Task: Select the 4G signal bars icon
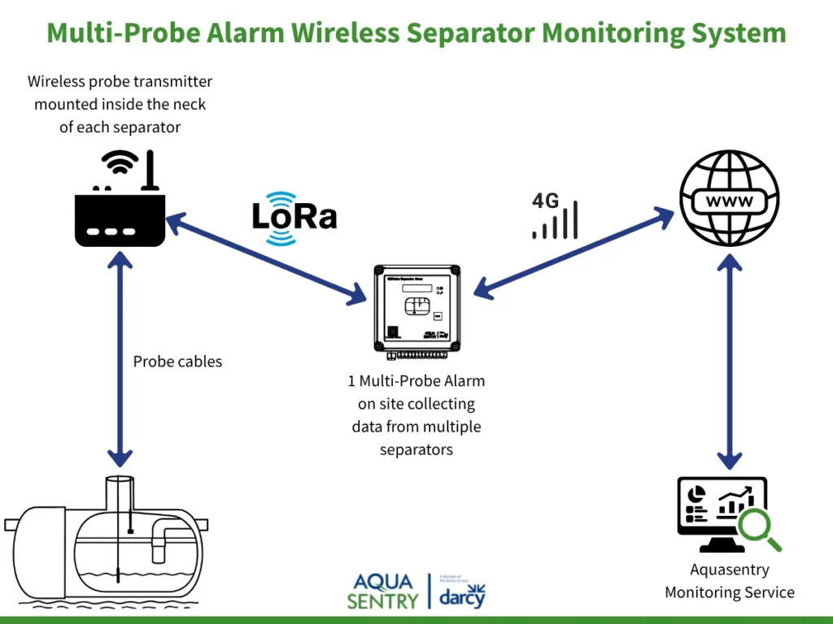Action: click(556, 219)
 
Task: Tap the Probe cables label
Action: click(177, 362)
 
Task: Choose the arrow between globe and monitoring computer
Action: click(729, 362)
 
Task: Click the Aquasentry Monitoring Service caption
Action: click(729, 581)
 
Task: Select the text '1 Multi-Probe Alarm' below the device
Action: click(416, 381)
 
